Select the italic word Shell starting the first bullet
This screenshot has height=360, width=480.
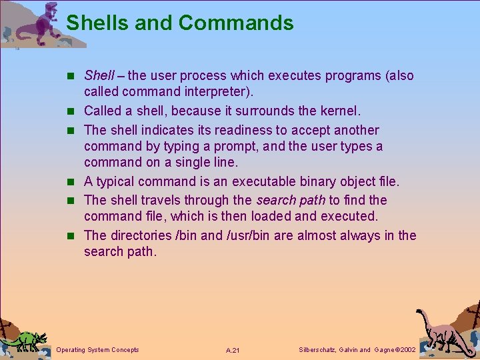[x=99, y=76]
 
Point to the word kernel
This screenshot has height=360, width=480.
[x=339, y=111]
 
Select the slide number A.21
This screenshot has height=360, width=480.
[x=233, y=351]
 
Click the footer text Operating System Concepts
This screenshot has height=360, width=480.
[x=98, y=350]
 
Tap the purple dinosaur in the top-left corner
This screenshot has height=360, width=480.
[x=40, y=23]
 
